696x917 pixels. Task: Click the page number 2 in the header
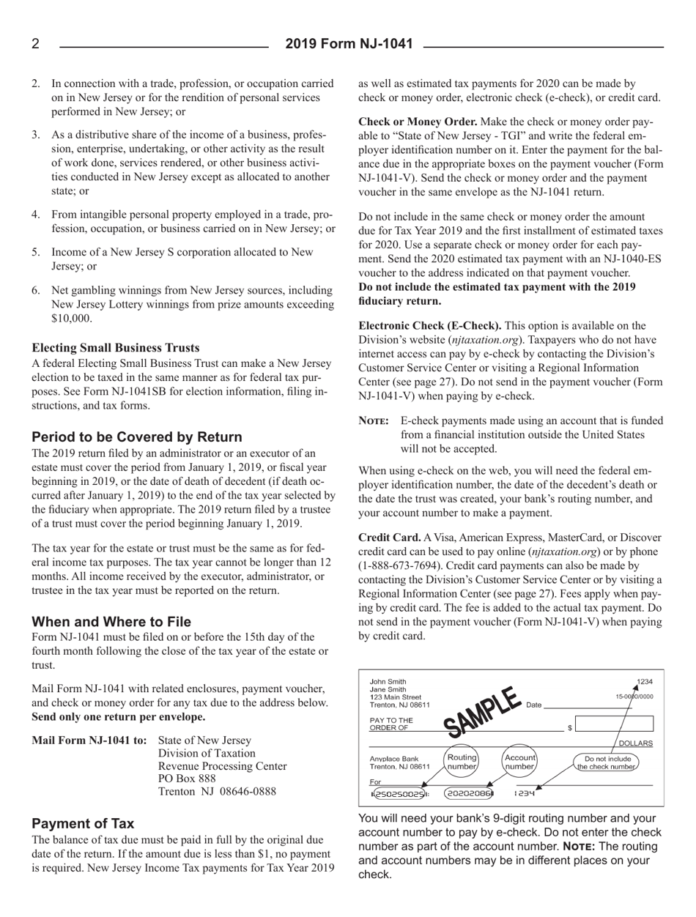35,45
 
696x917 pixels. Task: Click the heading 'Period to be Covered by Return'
137,437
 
